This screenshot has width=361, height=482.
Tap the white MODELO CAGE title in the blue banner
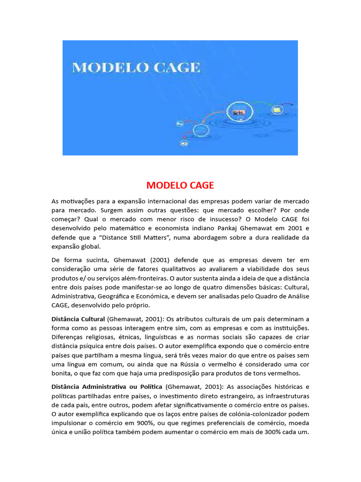(136, 67)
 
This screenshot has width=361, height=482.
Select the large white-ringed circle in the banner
(237, 112)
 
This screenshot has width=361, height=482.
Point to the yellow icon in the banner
(277, 110)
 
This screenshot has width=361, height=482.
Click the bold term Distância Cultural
(78, 319)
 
